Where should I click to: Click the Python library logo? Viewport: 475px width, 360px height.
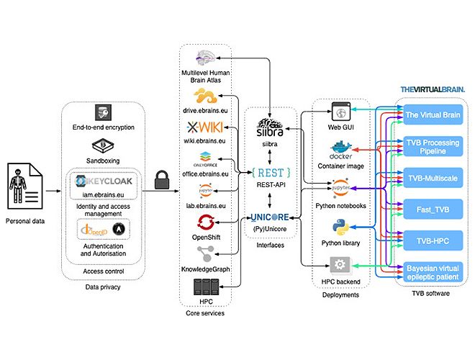[x=339, y=230]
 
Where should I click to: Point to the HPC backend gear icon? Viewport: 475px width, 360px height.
[x=339, y=264]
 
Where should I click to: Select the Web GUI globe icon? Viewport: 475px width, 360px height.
[x=340, y=112]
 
